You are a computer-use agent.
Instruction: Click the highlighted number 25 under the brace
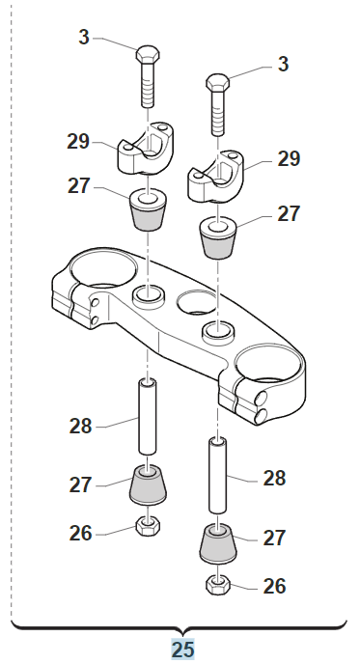(x=182, y=649)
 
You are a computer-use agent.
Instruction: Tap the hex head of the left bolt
(x=148, y=54)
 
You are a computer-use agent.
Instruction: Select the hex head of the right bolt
(x=218, y=82)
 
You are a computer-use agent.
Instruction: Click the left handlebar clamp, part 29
(x=145, y=149)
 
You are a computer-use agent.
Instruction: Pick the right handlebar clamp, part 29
(x=215, y=176)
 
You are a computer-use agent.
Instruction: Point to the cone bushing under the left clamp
(x=148, y=209)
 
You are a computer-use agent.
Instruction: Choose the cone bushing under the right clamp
(x=218, y=237)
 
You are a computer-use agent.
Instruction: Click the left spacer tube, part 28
(x=148, y=417)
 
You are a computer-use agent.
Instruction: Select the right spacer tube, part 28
(x=217, y=476)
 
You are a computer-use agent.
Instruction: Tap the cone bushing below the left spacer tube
(x=148, y=485)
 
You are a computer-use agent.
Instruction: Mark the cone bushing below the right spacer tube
(x=218, y=544)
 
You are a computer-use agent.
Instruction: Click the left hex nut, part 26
(x=148, y=526)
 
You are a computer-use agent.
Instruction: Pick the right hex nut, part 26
(x=218, y=585)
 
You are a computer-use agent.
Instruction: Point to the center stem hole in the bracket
(x=197, y=302)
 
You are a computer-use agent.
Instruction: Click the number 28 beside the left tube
(x=80, y=426)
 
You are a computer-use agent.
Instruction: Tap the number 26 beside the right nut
(x=274, y=586)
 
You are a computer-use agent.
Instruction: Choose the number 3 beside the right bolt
(x=283, y=64)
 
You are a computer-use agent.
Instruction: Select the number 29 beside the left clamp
(x=78, y=142)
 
